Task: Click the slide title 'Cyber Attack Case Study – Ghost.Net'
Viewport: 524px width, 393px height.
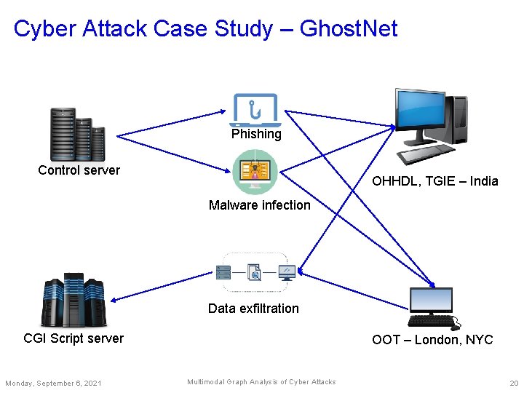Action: point(206,29)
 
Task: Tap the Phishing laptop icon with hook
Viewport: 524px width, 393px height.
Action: point(255,110)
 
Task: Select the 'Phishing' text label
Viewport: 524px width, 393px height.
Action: point(256,134)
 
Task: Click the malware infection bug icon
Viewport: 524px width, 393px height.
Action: point(255,172)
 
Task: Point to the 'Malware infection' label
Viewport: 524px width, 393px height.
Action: point(259,205)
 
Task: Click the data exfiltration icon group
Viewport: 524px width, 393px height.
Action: point(255,272)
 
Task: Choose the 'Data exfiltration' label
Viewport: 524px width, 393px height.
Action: point(253,309)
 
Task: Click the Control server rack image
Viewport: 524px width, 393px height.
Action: point(77,134)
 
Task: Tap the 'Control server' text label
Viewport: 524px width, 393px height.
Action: point(79,170)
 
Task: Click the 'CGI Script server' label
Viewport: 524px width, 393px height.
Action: point(74,338)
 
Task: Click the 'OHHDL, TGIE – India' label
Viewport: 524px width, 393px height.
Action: point(435,181)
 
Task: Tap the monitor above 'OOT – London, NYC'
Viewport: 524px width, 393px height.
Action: point(431,300)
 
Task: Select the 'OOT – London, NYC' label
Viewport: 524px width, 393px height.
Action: point(432,340)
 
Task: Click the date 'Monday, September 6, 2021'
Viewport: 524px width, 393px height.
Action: point(53,384)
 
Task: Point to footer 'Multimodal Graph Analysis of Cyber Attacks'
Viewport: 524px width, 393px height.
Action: point(261,382)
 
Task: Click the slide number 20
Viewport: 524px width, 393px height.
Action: point(514,384)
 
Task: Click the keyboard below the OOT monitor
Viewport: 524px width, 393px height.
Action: point(432,321)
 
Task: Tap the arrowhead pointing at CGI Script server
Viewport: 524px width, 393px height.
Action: point(114,299)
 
